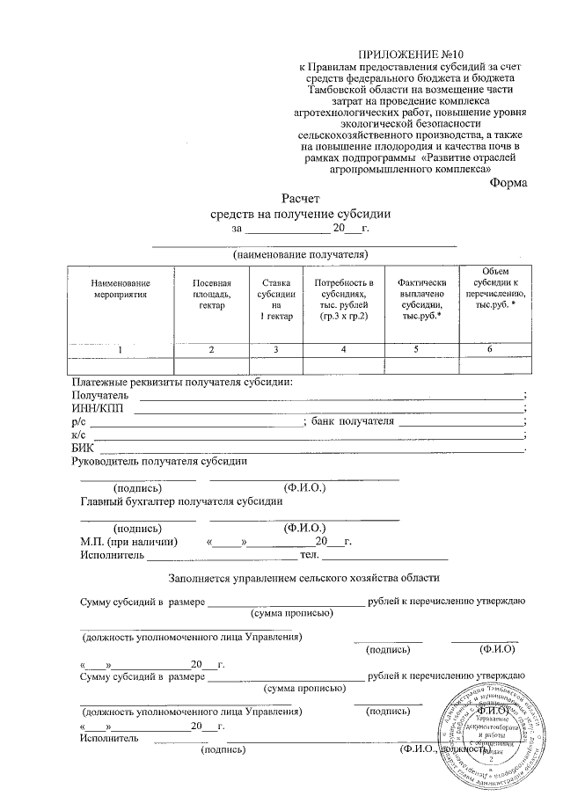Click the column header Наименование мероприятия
click(x=121, y=289)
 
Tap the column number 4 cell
click(x=344, y=350)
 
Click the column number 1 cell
click(x=121, y=350)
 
